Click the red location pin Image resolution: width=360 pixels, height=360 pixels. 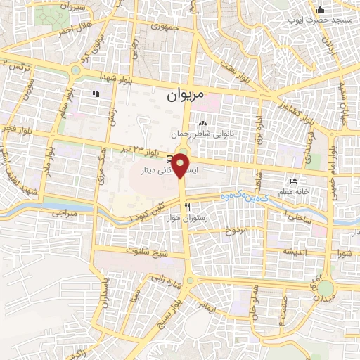(x=181, y=167)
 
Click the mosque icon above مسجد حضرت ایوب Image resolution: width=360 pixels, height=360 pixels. (x=321, y=9)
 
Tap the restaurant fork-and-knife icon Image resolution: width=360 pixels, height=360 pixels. (x=186, y=207)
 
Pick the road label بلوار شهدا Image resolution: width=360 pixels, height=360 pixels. (x=116, y=75)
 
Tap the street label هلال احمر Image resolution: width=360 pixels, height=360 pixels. (x=75, y=31)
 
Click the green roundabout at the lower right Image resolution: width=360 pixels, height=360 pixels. (x=325, y=288)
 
